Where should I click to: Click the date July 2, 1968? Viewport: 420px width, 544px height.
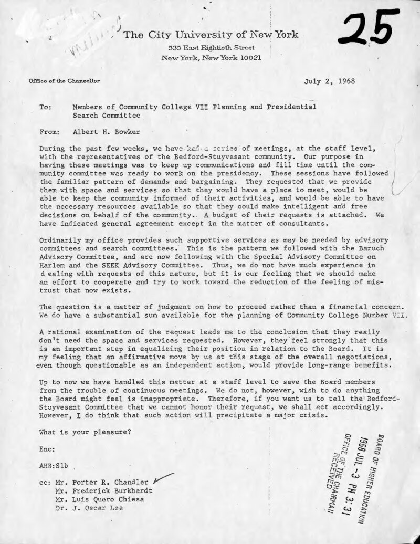coord(329,82)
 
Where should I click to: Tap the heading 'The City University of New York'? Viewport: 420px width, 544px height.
coord(211,35)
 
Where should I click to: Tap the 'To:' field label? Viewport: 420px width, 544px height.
coord(45,107)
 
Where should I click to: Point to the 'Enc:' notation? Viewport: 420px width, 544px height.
coord(47,450)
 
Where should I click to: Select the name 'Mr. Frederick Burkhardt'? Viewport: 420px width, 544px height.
coord(102,490)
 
